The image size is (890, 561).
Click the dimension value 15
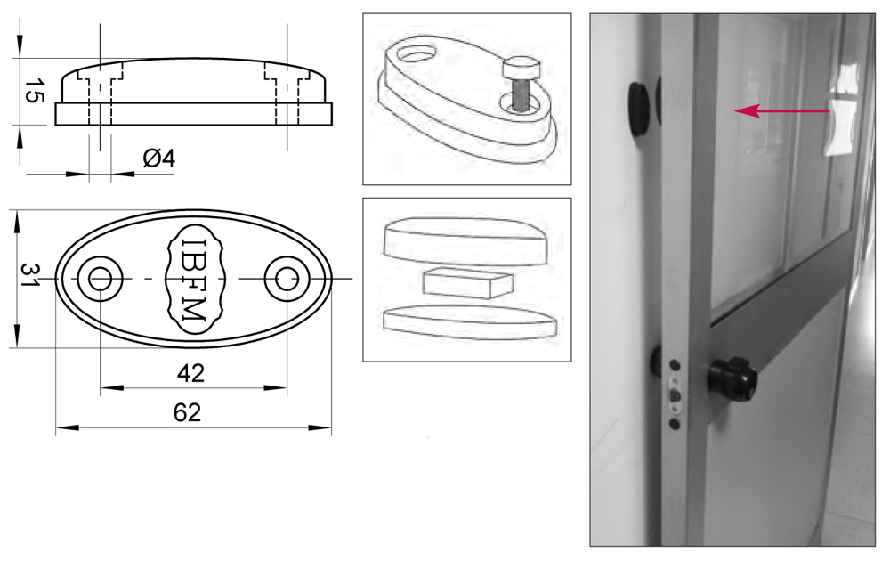point(34,92)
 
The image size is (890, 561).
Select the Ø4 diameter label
point(159,158)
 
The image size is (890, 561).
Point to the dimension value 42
point(190,373)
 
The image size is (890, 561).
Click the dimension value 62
point(187,413)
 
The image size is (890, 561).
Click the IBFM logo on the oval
point(194,279)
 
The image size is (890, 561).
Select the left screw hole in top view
point(100,279)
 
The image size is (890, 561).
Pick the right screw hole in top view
point(287,279)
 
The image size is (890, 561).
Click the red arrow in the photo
point(782,110)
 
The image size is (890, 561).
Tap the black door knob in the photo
point(732,379)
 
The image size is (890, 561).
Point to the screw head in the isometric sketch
point(520,69)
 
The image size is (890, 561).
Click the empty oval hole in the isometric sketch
point(416,54)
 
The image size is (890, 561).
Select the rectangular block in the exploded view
point(468,282)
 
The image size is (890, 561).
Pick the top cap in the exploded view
point(466,240)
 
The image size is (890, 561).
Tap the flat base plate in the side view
point(193,114)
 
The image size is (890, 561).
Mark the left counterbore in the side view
point(100,76)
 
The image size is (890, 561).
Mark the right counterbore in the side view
point(287,76)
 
